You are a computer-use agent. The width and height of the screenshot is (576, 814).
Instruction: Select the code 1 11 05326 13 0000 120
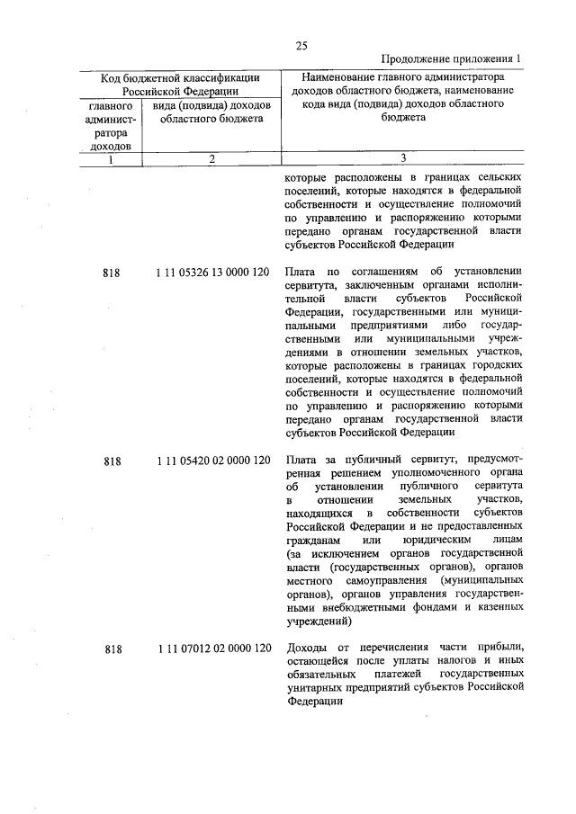212,272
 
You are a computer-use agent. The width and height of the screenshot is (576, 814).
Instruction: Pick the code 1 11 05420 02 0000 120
212,461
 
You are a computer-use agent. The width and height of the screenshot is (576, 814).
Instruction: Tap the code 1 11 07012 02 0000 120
212,649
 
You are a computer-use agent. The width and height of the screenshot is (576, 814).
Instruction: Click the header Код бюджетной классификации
180,78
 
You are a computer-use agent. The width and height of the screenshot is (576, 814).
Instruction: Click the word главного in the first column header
110,105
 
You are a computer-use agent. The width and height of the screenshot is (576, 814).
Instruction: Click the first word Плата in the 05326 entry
300,272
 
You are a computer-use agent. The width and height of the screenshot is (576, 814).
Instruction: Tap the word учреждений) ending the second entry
317,621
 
